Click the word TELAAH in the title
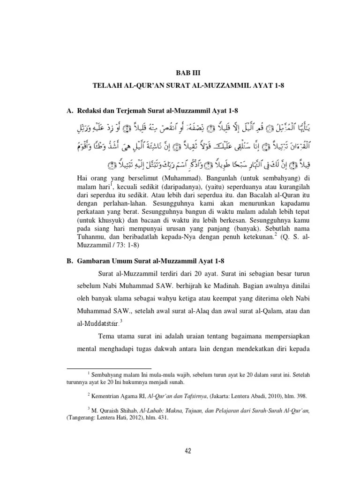109,86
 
